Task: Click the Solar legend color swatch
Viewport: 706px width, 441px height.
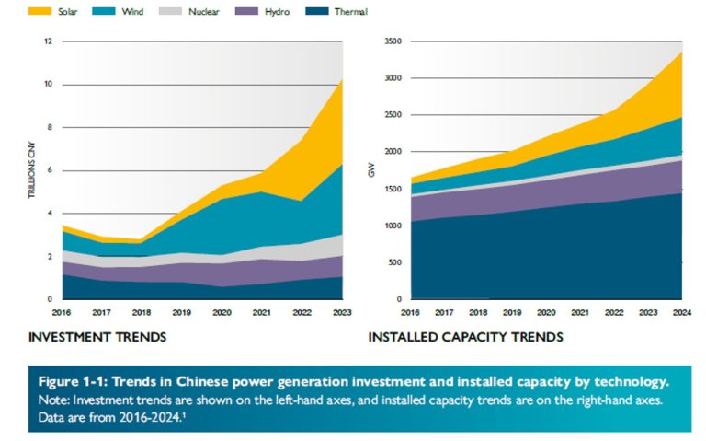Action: click(40, 14)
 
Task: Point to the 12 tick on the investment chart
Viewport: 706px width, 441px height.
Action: click(49, 41)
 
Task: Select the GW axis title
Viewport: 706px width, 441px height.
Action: click(373, 170)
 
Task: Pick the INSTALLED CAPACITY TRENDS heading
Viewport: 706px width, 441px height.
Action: click(465, 338)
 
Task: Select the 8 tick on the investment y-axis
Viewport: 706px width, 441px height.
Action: click(50, 127)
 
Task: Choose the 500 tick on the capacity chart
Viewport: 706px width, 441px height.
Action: click(394, 262)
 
